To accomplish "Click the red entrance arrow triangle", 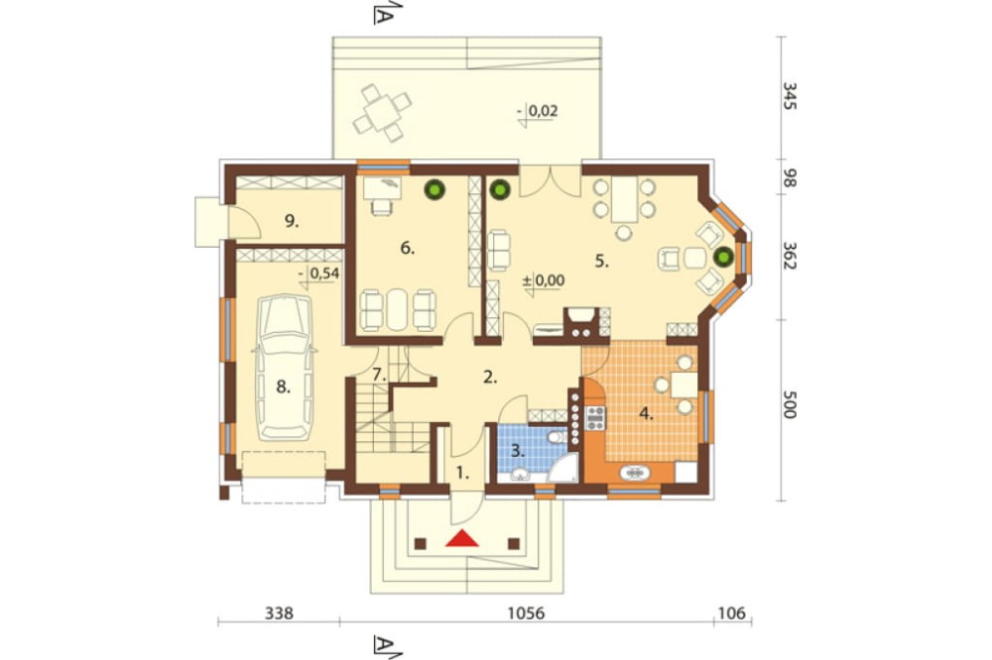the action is tap(462, 538).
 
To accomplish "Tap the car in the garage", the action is tap(284, 368).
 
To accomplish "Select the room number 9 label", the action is tap(291, 221).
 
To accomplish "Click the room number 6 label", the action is tap(408, 249).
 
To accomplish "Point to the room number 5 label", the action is tap(602, 261).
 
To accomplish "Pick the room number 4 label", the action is tap(646, 414).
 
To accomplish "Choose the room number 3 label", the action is tap(518, 451).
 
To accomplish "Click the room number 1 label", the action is tap(463, 473).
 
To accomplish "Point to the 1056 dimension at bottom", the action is tap(527, 613).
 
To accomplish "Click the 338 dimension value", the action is tap(279, 613).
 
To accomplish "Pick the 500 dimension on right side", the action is tap(789, 404).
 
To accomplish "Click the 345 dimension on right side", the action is tap(789, 96).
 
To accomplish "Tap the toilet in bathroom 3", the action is tap(558, 437).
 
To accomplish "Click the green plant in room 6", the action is tap(434, 188).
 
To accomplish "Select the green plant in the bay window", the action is tap(723, 257).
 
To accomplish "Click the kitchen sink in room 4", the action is tap(635, 473).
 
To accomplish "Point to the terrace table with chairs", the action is tap(382, 113).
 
